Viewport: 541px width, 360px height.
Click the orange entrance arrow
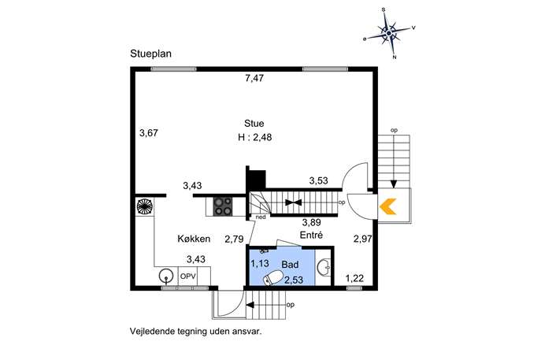coord(387,206)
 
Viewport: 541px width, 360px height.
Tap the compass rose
coord(389,34)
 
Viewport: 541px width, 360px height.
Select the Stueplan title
coord(150,54)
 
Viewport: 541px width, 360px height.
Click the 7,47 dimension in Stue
coord(254,78)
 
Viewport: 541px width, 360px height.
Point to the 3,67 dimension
coord(149,133)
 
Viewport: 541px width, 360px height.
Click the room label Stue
coord(254,124)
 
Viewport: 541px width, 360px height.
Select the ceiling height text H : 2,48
coord(255,137)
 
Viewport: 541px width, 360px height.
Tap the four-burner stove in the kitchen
coord(223,206)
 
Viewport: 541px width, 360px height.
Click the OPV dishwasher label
coord(188,276)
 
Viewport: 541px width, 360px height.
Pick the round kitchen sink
coord(166,276)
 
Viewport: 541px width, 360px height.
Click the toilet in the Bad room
coord(273,278)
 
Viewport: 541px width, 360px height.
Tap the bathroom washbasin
coord(324,267)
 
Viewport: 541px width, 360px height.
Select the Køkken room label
coord(194,239)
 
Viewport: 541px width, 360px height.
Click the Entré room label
coord(311,235)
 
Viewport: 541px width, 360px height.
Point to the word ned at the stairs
coord(261,217)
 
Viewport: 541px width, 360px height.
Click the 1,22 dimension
coord(354,278)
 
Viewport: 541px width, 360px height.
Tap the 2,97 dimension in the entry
coord(363,239)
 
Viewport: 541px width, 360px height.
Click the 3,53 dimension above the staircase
coord(318,180)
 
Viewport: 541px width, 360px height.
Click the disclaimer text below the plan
coord(196,332)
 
